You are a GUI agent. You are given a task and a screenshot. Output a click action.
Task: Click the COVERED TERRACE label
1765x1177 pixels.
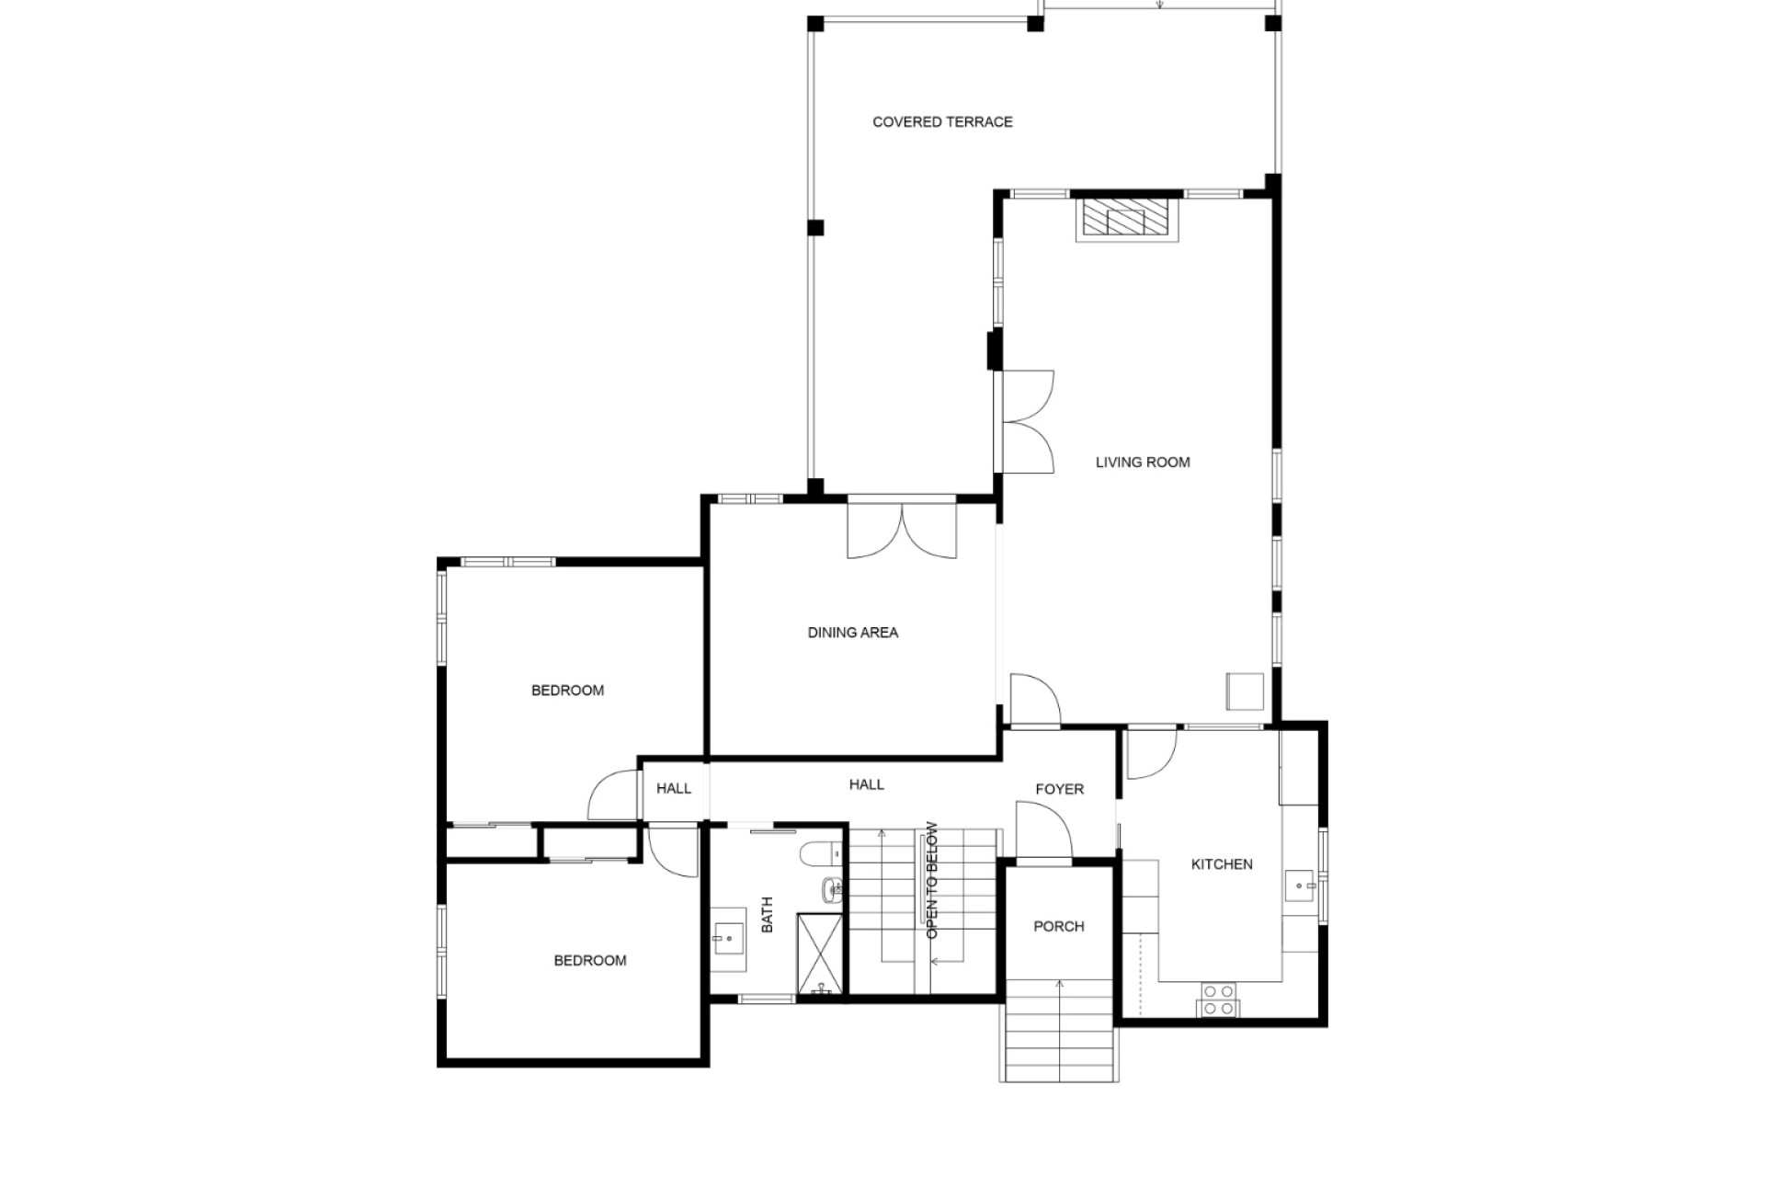click(942, 121)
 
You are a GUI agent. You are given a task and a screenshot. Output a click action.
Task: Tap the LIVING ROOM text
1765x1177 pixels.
click(1143, 463)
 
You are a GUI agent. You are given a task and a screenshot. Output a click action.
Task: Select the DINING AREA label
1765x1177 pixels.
click(853, 633)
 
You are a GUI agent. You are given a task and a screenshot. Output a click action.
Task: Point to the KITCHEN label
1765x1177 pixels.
click(1222, 864)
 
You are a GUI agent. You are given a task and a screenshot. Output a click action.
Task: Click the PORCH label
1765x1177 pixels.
click(1059, 927)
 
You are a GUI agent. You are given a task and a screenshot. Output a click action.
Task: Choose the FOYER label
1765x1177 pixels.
click(1060, 789)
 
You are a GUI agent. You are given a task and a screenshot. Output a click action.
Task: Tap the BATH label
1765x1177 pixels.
click(768, 915)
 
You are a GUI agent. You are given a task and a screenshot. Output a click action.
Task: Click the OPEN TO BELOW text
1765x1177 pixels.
click(932, 880)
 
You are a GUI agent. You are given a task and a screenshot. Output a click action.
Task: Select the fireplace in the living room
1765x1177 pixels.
click(1127, 220)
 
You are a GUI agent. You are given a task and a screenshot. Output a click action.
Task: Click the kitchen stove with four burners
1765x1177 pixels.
click(1219, 1000)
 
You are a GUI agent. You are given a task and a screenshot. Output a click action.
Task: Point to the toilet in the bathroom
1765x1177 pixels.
click(820, 854)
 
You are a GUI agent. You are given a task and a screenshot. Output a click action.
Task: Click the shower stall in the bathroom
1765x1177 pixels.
click(819, 954)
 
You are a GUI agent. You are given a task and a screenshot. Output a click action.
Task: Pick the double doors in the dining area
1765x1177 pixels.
click(902, 529)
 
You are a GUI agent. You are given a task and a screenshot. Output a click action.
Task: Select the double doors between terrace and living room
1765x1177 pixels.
click(1026, 422)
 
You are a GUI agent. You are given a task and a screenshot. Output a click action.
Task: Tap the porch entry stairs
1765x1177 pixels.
click(1060, 1030)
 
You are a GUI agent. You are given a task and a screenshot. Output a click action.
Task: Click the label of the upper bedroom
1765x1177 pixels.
click(568, 691)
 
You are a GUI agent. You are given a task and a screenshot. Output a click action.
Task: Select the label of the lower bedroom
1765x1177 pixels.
click(590, 961)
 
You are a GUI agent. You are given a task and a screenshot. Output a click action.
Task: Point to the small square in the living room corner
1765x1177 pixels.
click(1245, 691)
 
